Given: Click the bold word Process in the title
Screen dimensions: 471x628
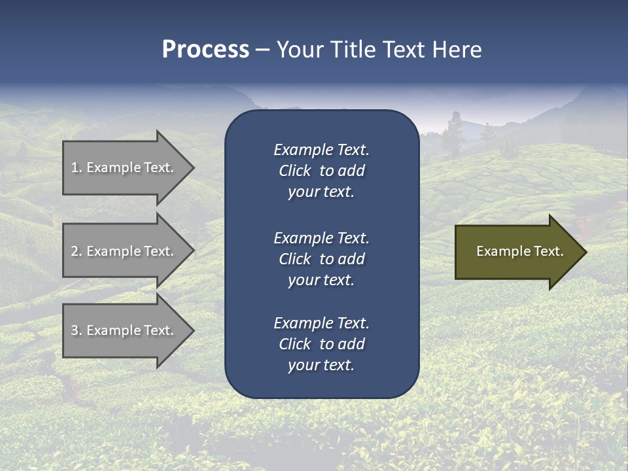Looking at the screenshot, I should click(x=205, y=50).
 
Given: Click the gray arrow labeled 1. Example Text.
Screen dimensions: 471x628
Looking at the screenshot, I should click(x=124, y=167).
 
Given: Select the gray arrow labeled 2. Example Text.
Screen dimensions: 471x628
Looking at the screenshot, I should click(x=124, y=251).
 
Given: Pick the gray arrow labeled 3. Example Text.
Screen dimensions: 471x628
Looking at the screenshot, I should click(x=124, y=330).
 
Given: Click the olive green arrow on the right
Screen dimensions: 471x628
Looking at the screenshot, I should click(x=517, y=251).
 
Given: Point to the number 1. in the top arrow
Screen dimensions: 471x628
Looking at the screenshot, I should click(x=77, y=167).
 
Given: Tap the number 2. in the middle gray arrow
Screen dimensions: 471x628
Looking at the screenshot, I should click(x=77, y=251).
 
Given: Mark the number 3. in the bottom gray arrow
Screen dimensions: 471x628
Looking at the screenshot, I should click(x=77, y=330).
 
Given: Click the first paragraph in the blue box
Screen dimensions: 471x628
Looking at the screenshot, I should click(x=321, y=171).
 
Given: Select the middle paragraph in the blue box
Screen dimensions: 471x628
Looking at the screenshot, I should click(x=321, y=259).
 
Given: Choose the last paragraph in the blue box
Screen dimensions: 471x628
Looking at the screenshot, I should click(x=321, y=344).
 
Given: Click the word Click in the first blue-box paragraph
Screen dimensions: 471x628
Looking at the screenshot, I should click(x=294, y=171).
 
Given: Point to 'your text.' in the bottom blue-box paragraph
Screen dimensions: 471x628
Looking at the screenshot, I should click(x=321, y=366).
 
